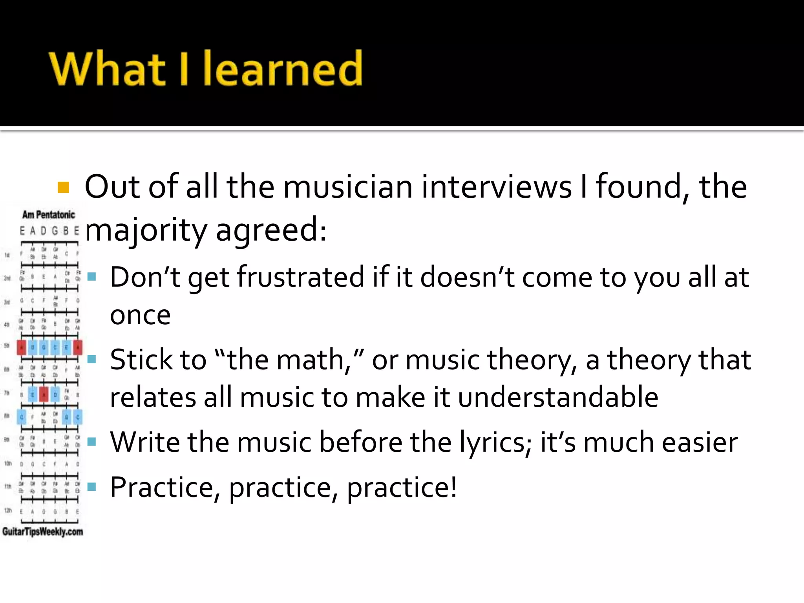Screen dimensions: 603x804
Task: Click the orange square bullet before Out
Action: [63, 188]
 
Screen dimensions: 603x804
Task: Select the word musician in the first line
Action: [347, 187]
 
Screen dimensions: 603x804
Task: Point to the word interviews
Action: [497, 187]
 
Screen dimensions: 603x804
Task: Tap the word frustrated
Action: [300, 277]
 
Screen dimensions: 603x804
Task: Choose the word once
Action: [140, 315]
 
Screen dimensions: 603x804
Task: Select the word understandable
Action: [558, 397]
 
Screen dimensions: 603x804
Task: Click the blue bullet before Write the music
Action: [92, 442]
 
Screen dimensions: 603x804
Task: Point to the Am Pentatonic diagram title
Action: [48, 215]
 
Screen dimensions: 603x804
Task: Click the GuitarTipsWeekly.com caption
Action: [42, 532]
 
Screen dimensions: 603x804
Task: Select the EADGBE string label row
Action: [49, 230]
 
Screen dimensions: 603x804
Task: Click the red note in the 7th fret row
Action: [44, 394]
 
